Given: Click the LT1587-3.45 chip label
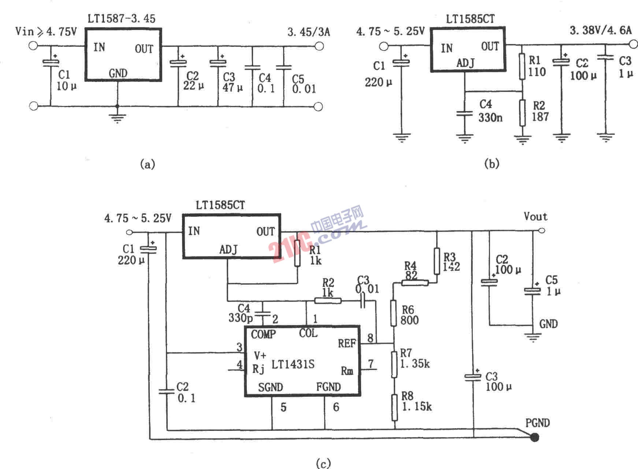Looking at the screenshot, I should (121, 18).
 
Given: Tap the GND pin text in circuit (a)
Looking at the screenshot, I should (118, 73).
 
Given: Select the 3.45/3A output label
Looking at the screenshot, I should (308, 32).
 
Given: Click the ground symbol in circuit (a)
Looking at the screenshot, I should (117, 118).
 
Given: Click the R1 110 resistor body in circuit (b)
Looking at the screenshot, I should (522, 67).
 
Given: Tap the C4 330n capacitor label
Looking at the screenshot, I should (490, 111).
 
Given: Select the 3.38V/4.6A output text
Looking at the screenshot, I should (601, 30).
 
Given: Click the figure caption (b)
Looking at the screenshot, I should (492, 163).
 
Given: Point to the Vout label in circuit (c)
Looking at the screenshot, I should (535, 217).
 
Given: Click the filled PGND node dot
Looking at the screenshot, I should (535, 437).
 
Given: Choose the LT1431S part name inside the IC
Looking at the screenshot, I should (293, 364).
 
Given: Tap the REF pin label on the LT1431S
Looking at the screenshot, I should (346, 344).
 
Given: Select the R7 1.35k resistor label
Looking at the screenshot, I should (414, 358).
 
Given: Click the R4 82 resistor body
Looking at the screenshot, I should (415, 283).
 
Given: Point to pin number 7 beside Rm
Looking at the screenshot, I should (371, 364).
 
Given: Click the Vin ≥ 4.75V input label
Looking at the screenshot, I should (46, 32).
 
